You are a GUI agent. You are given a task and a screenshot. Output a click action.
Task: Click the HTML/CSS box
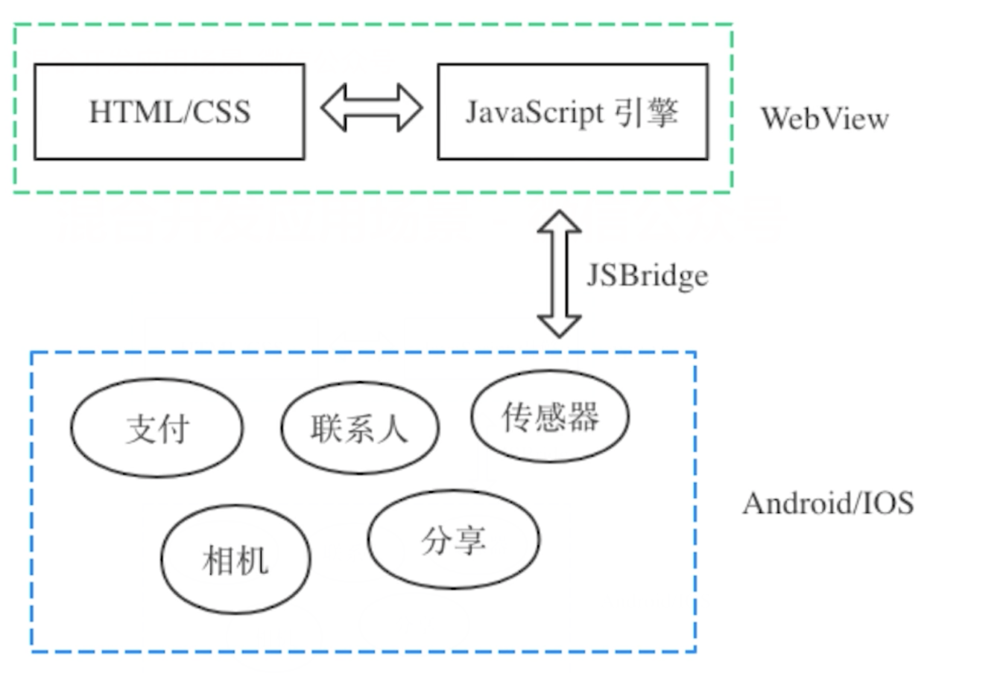pyautogui.click(x=169, y=112)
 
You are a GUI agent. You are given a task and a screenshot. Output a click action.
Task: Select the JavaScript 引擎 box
pyautogui.click(x=572, y=112)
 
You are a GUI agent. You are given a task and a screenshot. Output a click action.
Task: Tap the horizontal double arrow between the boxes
pyautogui.click(x=372, y=108)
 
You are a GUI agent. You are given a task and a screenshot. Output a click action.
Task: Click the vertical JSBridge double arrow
pyautogui.click(x=559, y=274)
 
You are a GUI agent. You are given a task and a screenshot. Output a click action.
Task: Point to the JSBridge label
pyautogui.click(x=647, y=275)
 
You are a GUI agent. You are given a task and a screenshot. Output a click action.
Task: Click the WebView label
pyautogui.click(x=824, y=118)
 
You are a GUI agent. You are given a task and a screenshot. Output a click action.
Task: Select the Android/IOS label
pyautogui.click(x=828, y=504)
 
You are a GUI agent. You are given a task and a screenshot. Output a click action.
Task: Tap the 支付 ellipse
pyautogui.click(x=157, y=428)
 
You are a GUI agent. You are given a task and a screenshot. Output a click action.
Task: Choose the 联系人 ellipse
pyautogui.click(x=359, y=428)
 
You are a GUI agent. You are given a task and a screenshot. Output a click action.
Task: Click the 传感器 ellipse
pyautogui.click(x=550, y=416)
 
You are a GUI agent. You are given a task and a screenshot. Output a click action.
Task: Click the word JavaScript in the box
pyautogui.click(x=534, y=112)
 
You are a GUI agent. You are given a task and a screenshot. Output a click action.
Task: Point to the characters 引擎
pyautogui.click(x=646, y=112)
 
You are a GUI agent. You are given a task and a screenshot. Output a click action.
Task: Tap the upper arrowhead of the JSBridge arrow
pyautogui.click(x=559, y=221)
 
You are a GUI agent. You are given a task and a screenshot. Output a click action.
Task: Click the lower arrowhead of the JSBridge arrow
pyautogui.click(x=559, y=326)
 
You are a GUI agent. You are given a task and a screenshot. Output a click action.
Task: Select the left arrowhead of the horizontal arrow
pyautogui.click(x=334, y=108)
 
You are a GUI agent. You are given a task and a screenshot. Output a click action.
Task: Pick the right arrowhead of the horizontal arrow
pyautogui.click(x=409, y=108)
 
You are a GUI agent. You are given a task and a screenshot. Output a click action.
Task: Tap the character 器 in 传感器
pyautogui.click(x=583, y=417)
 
